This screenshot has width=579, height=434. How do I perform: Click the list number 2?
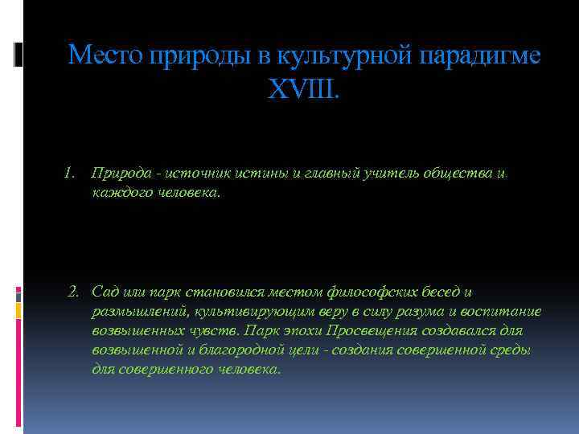[73, 290]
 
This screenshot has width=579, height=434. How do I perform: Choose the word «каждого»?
[118, 194]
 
